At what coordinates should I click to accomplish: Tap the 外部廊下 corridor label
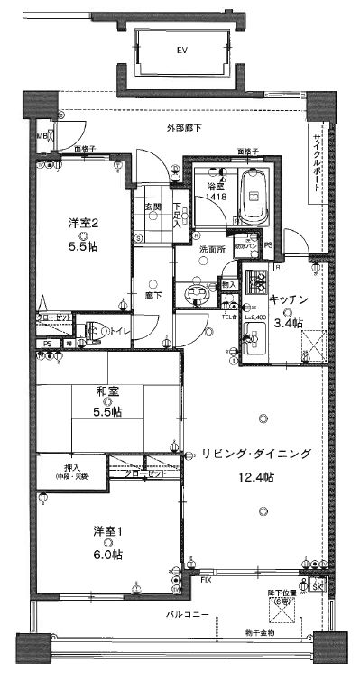point(184,129)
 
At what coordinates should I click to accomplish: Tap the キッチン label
point(289,299)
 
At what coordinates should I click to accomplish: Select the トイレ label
point(118,332)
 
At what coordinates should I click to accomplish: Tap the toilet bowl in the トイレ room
point(93,331)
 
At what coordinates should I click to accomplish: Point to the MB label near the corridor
point(40,136)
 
